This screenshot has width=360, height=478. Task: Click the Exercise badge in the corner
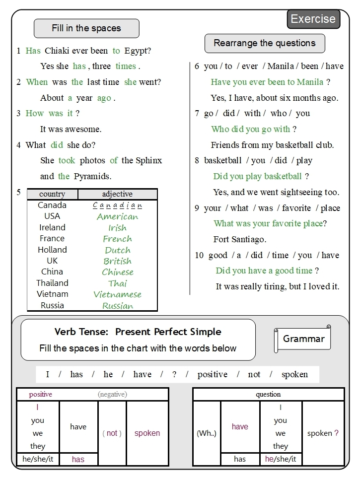click(313, 19)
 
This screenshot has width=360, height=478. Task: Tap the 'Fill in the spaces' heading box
click(86, 28)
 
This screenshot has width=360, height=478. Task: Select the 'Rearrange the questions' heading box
click(265, 43)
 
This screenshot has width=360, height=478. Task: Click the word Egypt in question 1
click(138, 51)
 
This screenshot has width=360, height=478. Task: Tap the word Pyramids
click(92, 176)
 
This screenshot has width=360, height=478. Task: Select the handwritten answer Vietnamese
click(117, 294)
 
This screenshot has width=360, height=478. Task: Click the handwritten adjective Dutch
click(118, 250)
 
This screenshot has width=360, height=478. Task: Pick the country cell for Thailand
click(52, 283)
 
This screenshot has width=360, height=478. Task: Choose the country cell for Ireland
click(52, 227)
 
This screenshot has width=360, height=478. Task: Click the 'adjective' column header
click(117, 194)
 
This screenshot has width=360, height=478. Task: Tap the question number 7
click(197, 113)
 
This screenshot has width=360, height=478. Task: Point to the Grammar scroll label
click(303, 339)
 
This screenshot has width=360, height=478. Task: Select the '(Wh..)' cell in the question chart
click(207, 433)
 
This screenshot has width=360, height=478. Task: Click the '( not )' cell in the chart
click(112, 433)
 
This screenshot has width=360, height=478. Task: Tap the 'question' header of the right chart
click(268, 395)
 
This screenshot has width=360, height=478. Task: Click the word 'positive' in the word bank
click(213, 374)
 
